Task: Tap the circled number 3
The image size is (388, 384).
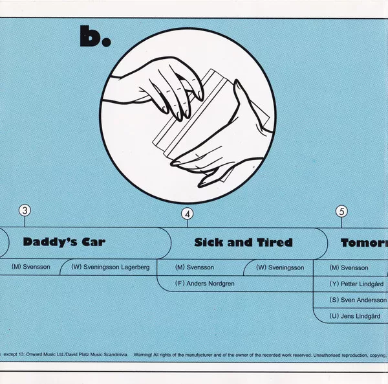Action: (x=25, y=210)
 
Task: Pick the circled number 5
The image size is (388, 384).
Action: (x=341, y=210)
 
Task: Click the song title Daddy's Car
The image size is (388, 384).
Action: (x=64, y=243)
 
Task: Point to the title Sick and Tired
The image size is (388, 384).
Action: (x=243, y=243)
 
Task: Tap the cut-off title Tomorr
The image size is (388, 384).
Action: (x=363, y=243)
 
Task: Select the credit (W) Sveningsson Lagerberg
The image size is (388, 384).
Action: (x=111, y=267)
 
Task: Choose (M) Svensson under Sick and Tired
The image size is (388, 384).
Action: (x=195, y=267)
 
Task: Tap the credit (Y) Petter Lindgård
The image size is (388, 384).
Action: (x=357, y=283)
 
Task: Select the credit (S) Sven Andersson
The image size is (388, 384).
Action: (x=358, y=300)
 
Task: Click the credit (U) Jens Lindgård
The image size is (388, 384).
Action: (x=355, y=316)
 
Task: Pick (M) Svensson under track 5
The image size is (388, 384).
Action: (x=349, y=267)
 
